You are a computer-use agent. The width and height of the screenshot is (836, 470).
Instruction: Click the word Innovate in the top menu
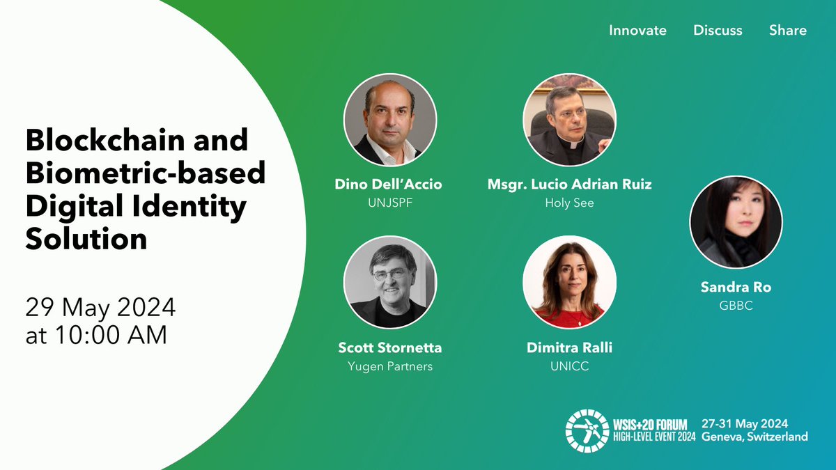click(637, 31)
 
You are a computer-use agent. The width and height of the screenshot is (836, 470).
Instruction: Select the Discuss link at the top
click(718, 31)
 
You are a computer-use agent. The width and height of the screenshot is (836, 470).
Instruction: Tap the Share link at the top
click(788, 31)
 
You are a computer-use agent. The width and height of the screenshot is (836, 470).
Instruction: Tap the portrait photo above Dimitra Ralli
click(569, 285)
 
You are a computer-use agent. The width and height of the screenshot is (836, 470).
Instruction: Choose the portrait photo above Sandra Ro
click(736, 221)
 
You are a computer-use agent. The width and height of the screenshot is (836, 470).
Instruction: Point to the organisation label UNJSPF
click(389, 203)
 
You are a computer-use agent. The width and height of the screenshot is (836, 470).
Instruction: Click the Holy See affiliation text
click(569, 203)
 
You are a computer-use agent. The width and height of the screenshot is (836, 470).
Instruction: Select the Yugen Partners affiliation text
click(389, 366)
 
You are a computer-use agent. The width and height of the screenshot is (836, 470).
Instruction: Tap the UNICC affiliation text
click(569, 366)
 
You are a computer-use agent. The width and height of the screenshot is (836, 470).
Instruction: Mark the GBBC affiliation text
click(736, 305)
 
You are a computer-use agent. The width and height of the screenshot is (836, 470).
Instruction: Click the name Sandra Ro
click(736, 287)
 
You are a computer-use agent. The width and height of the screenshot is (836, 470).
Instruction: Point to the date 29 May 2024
click(100, 307)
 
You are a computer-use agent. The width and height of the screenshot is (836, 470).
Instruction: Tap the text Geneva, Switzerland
click(754, 437)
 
